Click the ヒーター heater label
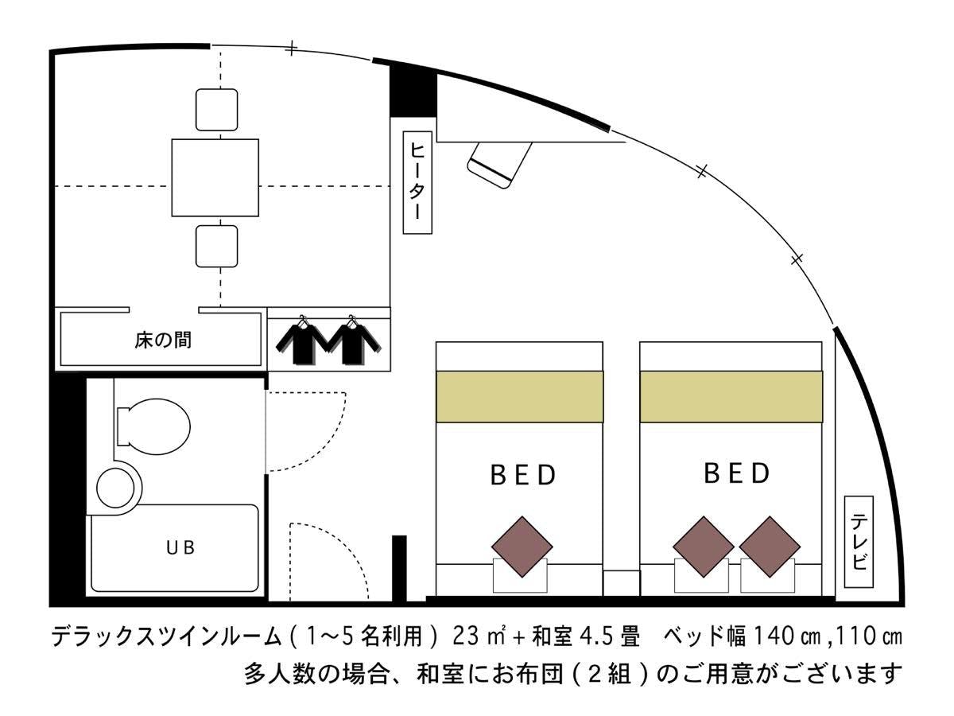pyautogui.click(x=417, y=182)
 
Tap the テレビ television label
pyautogui.click(x=859, y=542)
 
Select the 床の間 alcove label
pyautogui.click(x=162, y=340)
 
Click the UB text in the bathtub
pyautogui.click(x=180, y=548)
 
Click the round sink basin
pyautogui.click(x=115, y=488)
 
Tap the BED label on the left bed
pyautogui.click(x=523, y=475)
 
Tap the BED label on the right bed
pyautogui.click(x=737, y=473)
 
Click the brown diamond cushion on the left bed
pyautogui.click(x=522, y=547)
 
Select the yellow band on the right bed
pyautogui.click(x=731, y=396)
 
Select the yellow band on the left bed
pyautogui.click(x=519, y=396)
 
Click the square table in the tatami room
pyautogui.click(x=215, y=177)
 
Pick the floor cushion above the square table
pyautogui.click(x=216, y=110)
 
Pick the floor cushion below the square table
pyautogui.click(x=216, y=246)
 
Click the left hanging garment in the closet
pyautogui.click(x=302, y=340)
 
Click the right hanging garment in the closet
pyautogui.click(x=353, y=340)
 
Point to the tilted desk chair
pyautogui.click(x=500, y=165)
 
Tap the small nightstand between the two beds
pyautogui.click(x=621, y=583)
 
